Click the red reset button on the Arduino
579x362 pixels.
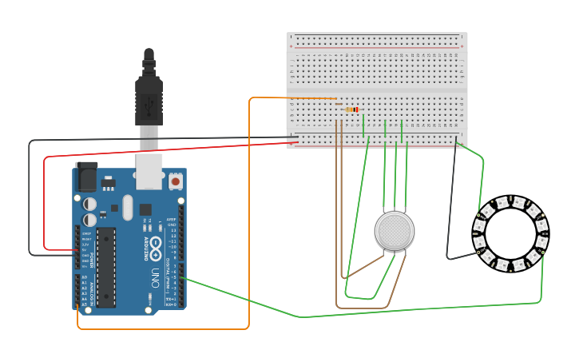tap(175, 182)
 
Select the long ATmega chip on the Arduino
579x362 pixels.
tap(105, 267)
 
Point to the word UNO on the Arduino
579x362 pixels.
tap(154, 276)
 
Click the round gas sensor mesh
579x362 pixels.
tap(395, 231)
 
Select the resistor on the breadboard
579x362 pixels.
tap(351, 109)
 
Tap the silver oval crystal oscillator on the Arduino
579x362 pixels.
tap(127, 209)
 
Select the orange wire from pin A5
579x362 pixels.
tap(160, 328)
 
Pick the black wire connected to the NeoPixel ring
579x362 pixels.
tap(453, 200)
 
